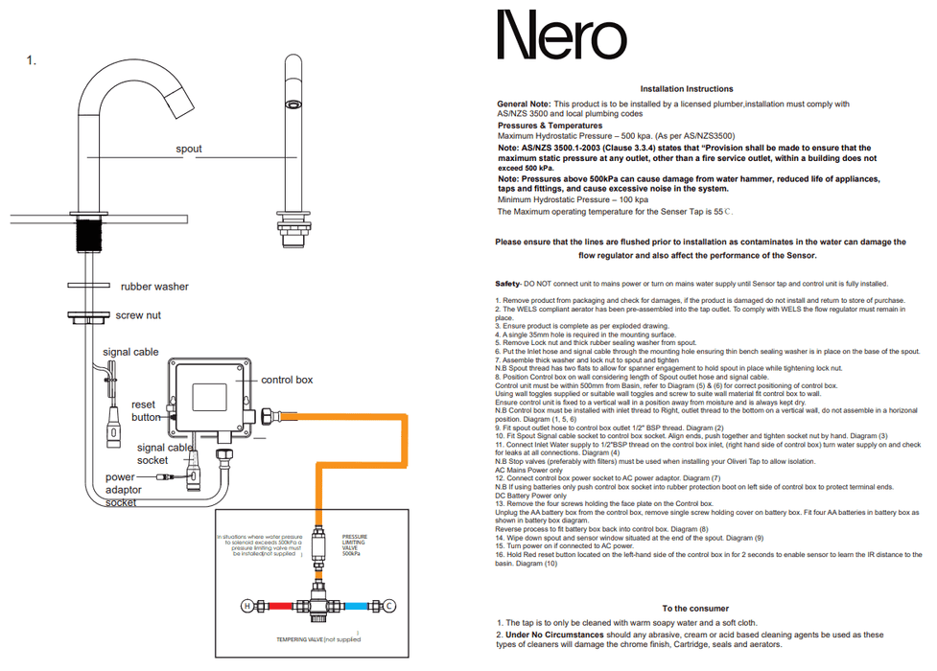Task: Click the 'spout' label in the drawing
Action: click(x=189, y=150)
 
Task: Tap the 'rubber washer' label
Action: click(x=154, y=287)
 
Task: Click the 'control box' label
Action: click(x=287, y=381)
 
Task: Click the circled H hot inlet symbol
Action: click(x=246, y=606)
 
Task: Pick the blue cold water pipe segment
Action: click(x=362, y=606)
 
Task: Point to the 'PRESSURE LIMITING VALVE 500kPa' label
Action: click(x=356, y=545)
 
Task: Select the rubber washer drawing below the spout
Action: click(x=87, y=286)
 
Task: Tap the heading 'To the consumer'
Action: click(x=694, y=609)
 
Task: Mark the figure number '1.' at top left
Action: click(x=32, y=60)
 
